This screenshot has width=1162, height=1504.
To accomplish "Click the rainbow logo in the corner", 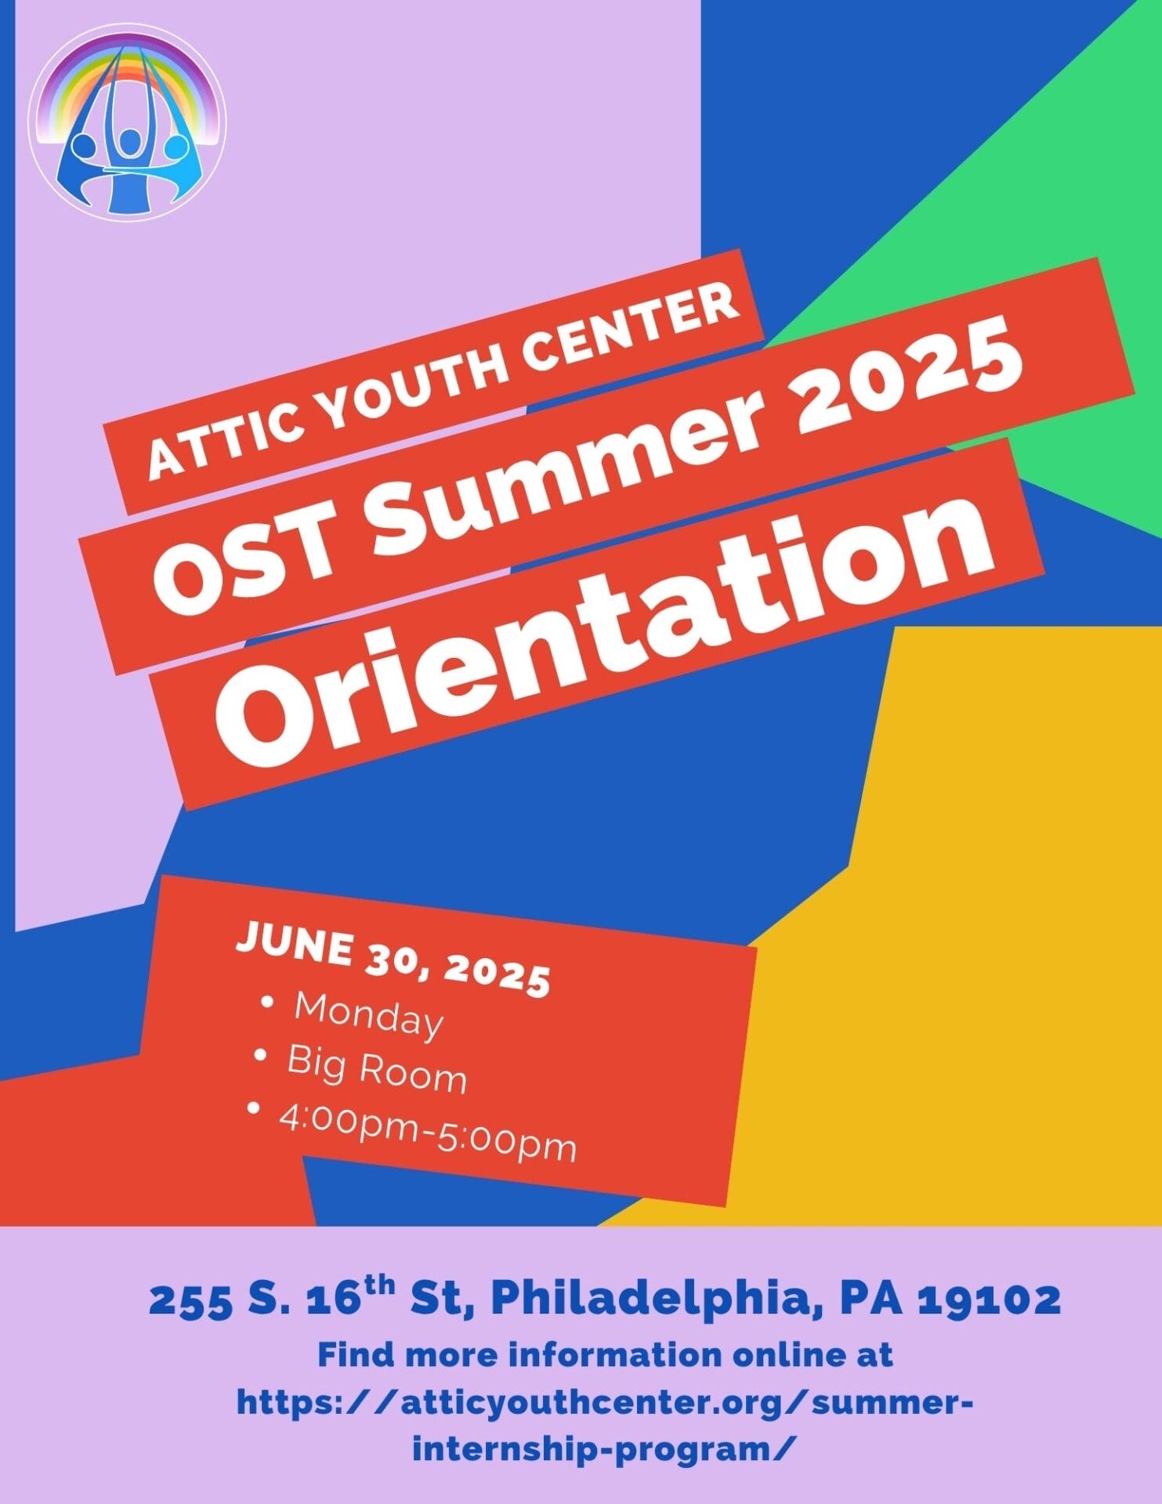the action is coord(127,122).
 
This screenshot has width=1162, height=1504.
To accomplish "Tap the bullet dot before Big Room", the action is coord(261,1055).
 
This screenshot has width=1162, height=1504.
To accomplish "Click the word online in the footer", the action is coord(785,1354).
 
